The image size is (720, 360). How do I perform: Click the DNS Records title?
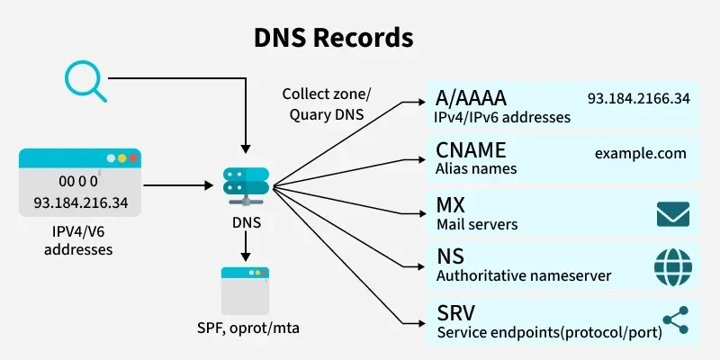point(334,38)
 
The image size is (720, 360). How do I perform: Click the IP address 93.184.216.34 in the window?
point(80,202)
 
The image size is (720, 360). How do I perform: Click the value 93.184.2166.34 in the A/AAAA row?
point(638,97)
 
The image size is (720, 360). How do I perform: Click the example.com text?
point(641,153)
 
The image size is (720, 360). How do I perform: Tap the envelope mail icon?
point(673,213)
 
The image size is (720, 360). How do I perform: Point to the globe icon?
point(672,266)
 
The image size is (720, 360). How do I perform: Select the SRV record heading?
point(455,313)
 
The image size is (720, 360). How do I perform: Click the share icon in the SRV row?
point(674,319)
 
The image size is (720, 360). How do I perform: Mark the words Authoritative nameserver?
point(524,275)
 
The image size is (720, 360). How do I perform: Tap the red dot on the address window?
point(133,158)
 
